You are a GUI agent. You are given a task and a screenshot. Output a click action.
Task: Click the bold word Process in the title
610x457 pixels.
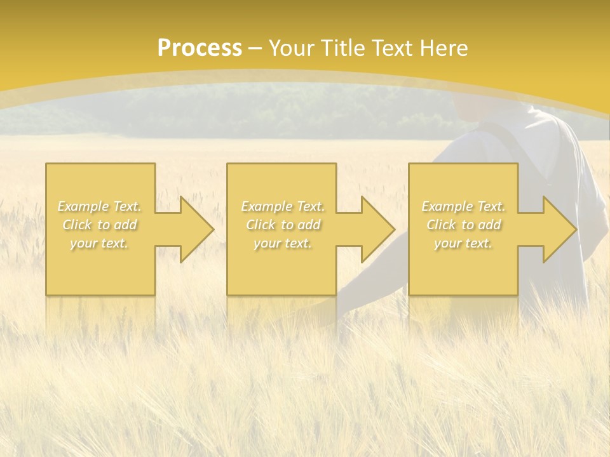[x=199, y=48]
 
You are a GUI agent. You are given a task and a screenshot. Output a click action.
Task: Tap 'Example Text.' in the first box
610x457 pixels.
[x=99, y=206]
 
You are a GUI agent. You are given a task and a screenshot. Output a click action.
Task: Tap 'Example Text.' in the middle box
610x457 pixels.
[x=282, y=206]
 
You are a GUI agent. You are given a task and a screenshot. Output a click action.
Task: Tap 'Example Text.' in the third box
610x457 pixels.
[x=463, y=206]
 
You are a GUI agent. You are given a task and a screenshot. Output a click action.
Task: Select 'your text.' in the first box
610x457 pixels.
[x=99, y=243]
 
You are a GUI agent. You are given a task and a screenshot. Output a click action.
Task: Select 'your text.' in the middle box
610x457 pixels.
[x=282, y=243]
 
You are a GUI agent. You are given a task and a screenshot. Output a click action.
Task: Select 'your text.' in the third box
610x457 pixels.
[x=463, y=243]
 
